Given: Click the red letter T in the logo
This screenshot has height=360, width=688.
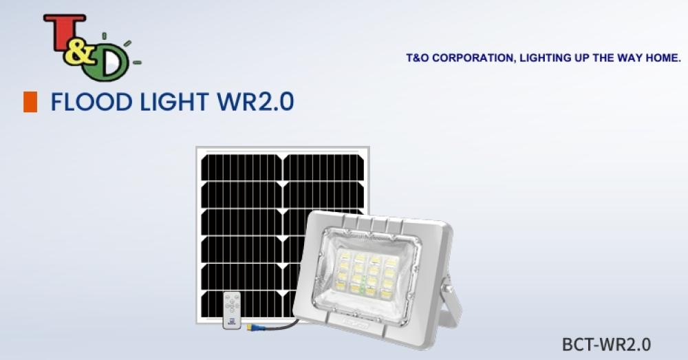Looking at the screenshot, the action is point(63,32).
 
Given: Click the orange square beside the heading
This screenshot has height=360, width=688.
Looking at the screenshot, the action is point(30,102).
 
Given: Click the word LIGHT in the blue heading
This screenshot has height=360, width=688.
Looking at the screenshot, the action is point(174,102).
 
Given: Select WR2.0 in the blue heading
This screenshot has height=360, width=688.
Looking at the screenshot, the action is point(255,102).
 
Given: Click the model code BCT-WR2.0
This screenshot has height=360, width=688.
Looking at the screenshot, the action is point(606,344).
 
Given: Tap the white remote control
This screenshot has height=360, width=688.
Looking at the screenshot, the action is point(232,310).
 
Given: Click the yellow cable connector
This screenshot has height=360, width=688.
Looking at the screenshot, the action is point(253,327).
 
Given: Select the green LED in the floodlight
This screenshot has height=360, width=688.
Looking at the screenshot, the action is point(363,289).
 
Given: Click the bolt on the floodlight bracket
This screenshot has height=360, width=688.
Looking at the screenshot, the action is point(447,289).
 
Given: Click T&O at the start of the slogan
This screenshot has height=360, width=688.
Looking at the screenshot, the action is point(418,58).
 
